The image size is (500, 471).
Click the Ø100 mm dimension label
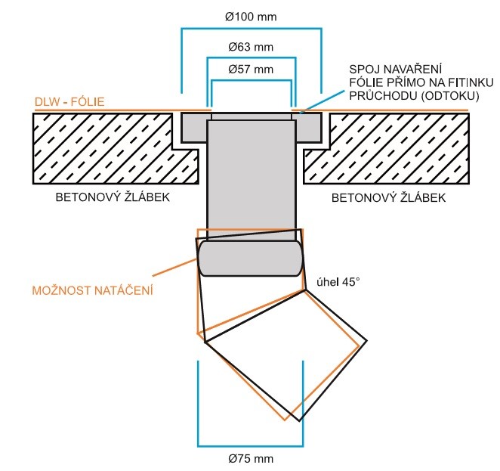pos(251,17)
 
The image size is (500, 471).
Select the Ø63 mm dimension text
pos(251,47)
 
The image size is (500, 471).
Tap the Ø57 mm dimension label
pos(251,70)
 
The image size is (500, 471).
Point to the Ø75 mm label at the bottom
pos(251,459)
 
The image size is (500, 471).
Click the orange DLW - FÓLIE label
pos(69,102)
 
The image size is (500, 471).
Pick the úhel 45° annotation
pos(338,282)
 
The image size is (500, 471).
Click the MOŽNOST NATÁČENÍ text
pos(92,290)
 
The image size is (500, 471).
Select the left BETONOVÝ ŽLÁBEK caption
pos(113,197)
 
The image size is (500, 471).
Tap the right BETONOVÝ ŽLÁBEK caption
pos(388,197)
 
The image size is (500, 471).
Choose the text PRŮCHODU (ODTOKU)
pos(414,96)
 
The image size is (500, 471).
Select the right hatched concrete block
pos(392,148)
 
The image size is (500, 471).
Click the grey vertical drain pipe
pos(252,178)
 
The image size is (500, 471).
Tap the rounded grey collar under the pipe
pos(250,258)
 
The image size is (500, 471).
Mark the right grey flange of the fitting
pos(308,128)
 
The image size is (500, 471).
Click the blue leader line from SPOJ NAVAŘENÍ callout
pos(322,101)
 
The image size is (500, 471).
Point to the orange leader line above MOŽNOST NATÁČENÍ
pos(174,268)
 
